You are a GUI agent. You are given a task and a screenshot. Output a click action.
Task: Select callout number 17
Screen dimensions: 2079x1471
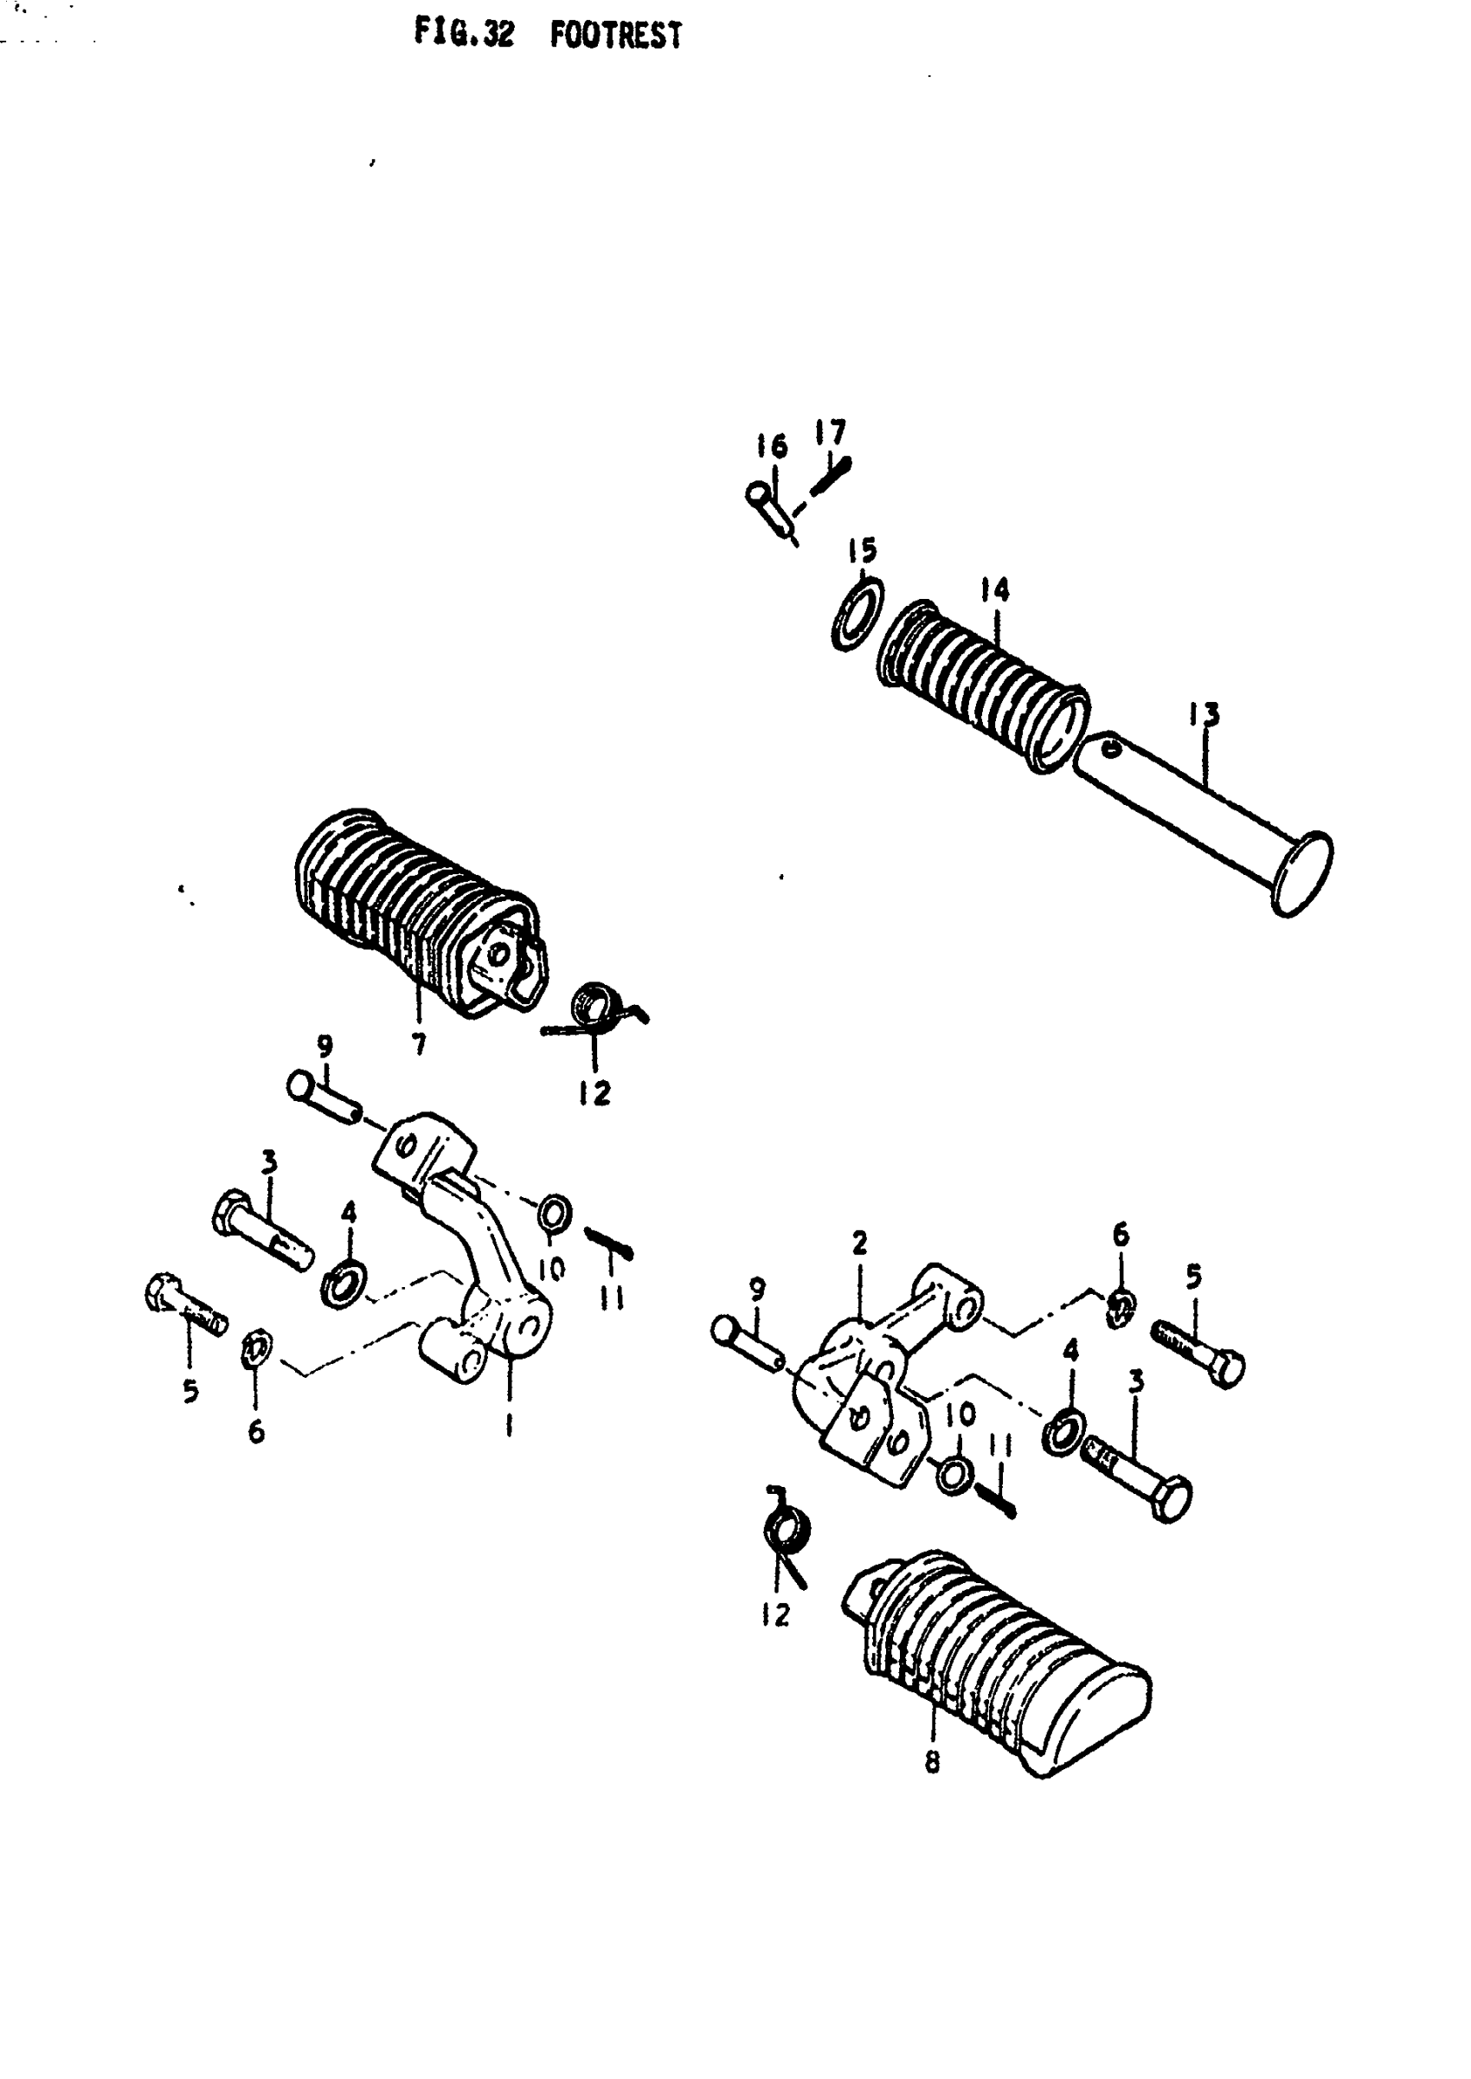click(831, 432)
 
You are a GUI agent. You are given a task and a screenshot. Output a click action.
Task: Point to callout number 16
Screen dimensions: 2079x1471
click(773, 446)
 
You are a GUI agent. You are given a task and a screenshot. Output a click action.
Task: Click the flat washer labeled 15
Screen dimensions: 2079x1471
click(857, 615)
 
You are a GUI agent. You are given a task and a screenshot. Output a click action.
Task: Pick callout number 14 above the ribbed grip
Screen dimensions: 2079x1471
click(993, 589)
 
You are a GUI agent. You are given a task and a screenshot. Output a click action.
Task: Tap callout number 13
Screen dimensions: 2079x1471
click(1204, 714)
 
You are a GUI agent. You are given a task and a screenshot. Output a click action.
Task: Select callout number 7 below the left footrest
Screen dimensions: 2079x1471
click(419, 1045)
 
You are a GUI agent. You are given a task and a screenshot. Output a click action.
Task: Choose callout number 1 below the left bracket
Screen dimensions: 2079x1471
click(509, 1425)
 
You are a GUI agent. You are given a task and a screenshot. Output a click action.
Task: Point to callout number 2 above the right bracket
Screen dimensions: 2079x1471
click(858, 1242)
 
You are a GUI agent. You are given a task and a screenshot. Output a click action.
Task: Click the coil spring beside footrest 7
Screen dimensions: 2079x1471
click(594, 1005)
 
